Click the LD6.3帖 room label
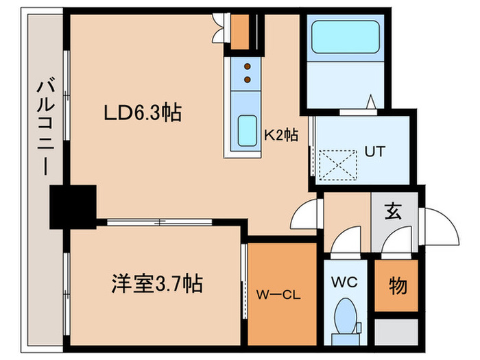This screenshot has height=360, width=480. point(143,113)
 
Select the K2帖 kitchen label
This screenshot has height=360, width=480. point(280,135)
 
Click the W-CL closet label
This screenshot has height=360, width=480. point(280,296)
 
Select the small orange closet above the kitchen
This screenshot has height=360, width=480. point(240,29)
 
